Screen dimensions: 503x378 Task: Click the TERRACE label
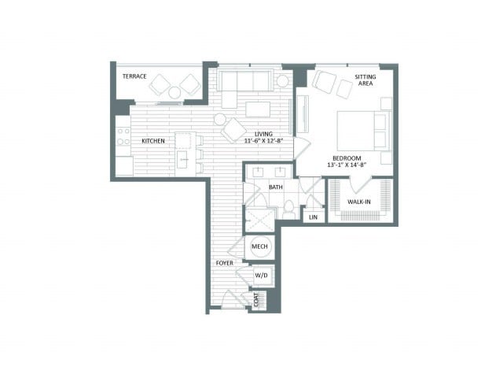tap(134, 76)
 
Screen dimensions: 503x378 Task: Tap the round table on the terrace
tap(174, 93)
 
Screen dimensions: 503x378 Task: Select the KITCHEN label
tap(153, 141)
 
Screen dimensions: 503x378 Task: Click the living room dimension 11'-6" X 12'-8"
tap(264, 140)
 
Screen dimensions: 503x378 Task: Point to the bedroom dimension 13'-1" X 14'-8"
tap(347, 165)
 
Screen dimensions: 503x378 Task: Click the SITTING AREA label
tap(365, 80)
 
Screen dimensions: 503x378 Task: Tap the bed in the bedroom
tap(364, 131)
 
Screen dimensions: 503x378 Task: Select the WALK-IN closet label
tap(359, 202)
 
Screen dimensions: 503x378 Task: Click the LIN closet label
tap(313, 217)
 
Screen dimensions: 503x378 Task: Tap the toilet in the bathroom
tap(289, 209)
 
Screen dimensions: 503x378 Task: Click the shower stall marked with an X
tap(260, 220)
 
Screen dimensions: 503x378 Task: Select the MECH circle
tap(260, 246)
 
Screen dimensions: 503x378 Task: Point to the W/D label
tap(261, 276)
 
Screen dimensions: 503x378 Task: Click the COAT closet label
tap(256, 299)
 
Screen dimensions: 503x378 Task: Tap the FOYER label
tap(225, 263)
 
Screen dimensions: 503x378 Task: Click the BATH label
tap(276, 187)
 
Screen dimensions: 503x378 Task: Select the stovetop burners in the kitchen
tap(123, 136)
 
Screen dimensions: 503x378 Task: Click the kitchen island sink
tap(184, 159)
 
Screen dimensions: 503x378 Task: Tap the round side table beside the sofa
tap(283, 81)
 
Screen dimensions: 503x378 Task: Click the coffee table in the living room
tap(258, 109)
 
